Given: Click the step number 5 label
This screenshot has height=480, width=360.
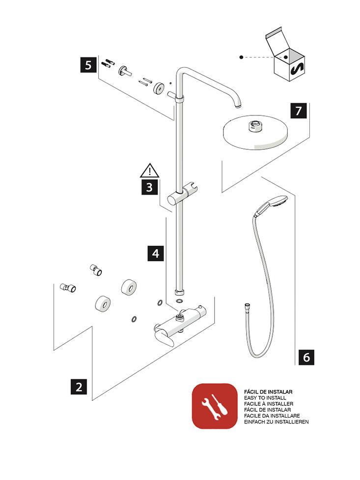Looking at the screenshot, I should tap(88, 65).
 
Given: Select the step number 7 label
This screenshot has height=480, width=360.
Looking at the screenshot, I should tap(298, 111).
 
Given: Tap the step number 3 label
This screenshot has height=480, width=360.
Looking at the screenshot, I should tap(149, 187).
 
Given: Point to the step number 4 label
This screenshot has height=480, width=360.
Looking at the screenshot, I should tap(156, 254).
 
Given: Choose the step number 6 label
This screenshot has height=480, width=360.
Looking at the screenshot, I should tap(306, 357).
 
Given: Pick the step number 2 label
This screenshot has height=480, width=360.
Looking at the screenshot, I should tap(79, 387).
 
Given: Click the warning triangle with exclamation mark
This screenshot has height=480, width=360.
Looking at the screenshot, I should tap(149, 170).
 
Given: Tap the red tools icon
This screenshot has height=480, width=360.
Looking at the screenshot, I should tap(214, 406).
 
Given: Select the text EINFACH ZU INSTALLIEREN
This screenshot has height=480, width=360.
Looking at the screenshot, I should tap(276, 422).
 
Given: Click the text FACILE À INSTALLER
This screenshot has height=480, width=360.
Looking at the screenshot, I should tap(269, 403).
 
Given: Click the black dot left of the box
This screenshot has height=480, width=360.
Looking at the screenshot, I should tap(241, 57).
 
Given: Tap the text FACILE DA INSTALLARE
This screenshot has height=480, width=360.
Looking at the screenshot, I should tap(272, 416).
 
